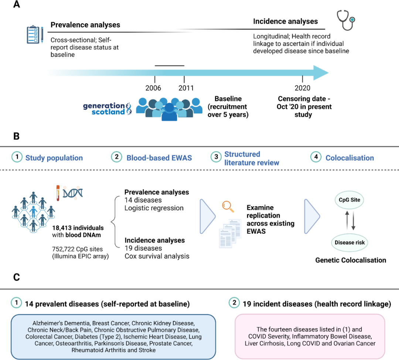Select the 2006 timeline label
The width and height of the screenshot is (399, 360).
tap(153, 88)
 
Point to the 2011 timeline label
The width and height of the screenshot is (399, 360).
tap(185, 88)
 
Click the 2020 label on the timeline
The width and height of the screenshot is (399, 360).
tap(303, 88)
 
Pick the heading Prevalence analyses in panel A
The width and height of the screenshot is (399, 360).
tap(85, 25)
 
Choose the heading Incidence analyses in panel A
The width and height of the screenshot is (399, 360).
tap(285, 21)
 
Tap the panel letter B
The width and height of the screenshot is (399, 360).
tap(17, 136)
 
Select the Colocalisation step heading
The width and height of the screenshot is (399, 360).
tap(349, 158)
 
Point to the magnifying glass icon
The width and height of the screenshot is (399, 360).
tap(228, 206)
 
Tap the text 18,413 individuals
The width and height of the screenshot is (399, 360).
tap(78, 228)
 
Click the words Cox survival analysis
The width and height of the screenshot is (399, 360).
tap(157, 256)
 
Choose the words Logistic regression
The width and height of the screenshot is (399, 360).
tap(154, 208)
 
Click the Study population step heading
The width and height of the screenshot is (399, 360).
tap(54, 158)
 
